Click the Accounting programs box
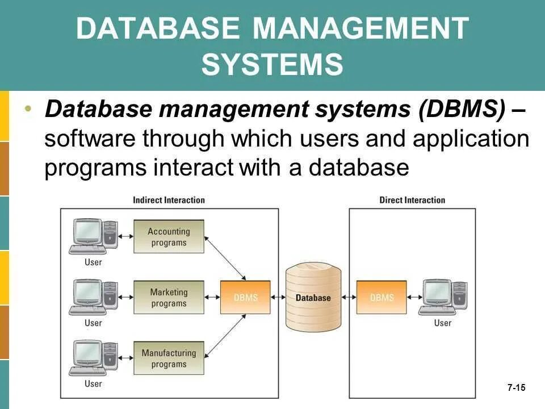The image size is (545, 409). click(x=169, y=237)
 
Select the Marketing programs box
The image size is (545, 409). click(x=169, y=298)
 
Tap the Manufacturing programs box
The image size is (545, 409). click(x=169, y=358)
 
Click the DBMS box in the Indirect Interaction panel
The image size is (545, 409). click(x=245, y=297)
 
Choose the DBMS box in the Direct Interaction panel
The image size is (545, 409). click(x=381, y=297)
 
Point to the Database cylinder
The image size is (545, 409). click(x=313, y=297)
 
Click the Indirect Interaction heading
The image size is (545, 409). click(x=169, y=200)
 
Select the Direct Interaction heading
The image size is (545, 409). click(x=412, y=200)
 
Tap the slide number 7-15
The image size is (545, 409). click(x=516, y=388)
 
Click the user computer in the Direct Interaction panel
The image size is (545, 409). click(x=442, y=297)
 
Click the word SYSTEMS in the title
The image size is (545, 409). click(x=272, y=64)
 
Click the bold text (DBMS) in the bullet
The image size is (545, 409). click(x=461, y=110)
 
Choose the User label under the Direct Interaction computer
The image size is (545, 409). click(x=442, y=323)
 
